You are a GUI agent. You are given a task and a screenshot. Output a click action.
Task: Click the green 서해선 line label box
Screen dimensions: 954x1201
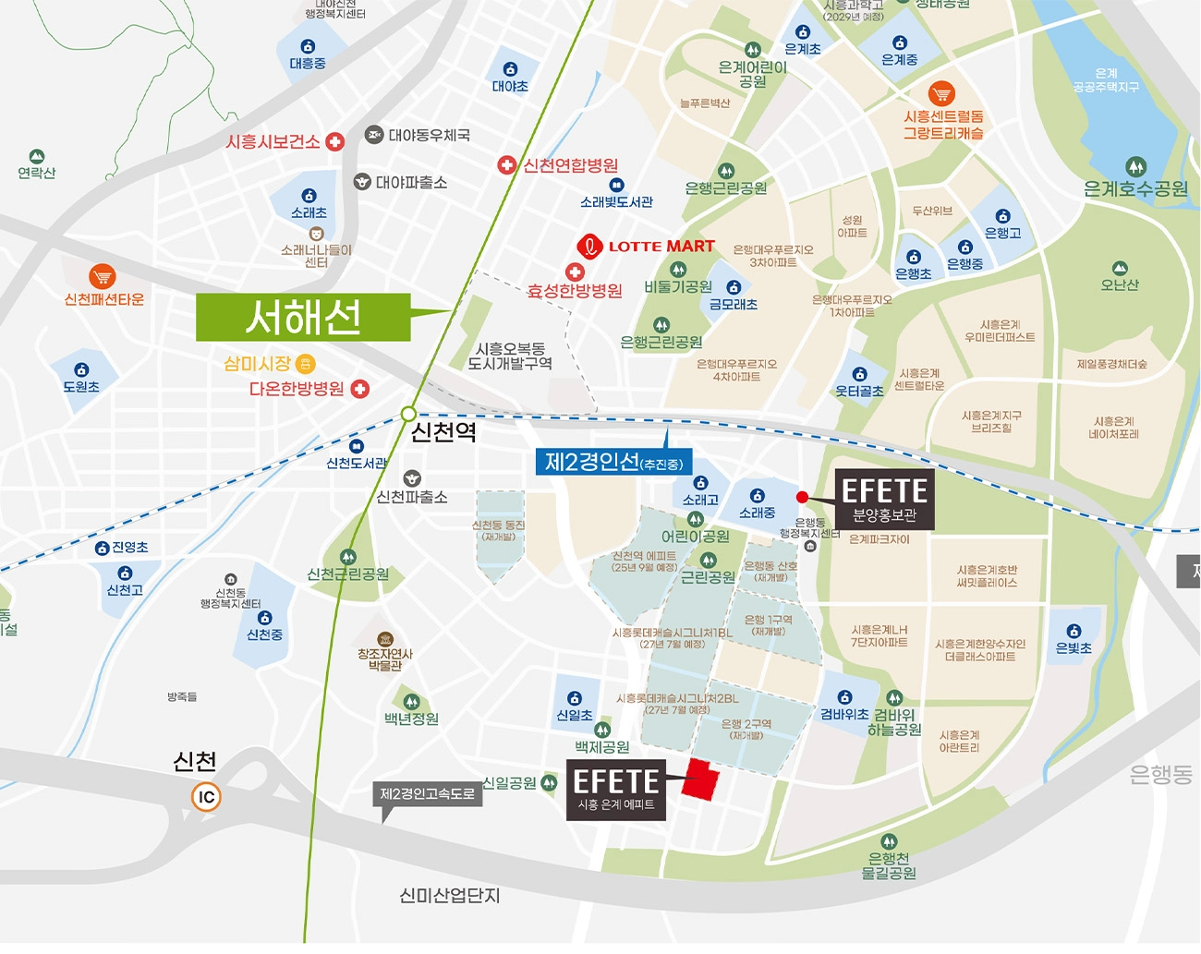[x=303, y=318]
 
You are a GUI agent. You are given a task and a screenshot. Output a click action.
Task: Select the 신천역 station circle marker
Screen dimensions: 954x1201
[x=408, y=414]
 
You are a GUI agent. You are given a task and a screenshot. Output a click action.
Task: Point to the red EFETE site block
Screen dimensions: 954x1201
[x=701, y=781]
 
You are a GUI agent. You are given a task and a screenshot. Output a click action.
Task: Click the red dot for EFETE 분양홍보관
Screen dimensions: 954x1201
[x=802, y=497]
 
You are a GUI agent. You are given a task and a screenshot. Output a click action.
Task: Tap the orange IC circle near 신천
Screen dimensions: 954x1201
[x=206, y=796]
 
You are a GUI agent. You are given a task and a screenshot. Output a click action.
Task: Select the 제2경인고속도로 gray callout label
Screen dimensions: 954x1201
[x=427, y=794]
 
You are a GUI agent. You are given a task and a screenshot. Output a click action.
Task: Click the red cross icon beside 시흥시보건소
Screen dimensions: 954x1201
[x=335, y=141]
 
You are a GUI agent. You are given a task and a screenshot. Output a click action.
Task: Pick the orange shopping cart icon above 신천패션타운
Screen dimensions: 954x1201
[x=103, y=276]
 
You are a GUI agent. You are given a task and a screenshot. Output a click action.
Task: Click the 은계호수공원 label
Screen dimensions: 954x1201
[x=1135, y=189]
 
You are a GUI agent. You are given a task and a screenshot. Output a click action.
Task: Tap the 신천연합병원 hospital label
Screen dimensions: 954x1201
[x=570, y=165]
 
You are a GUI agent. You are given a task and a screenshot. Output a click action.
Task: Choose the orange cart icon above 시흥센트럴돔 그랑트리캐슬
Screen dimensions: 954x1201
[x=941, y=93]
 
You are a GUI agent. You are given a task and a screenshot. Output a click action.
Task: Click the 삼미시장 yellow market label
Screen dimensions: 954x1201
[x=258, y=364]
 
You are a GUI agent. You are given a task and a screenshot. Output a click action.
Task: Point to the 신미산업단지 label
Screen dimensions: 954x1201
[x=449, y=896]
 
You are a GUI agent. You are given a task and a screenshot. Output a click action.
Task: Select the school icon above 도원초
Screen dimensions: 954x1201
[x=81, y=369]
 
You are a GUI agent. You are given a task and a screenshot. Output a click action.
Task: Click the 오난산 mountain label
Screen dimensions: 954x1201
[x=1120, y=285]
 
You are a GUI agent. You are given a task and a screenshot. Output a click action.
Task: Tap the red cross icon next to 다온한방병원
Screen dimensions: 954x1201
[x=359, y=389]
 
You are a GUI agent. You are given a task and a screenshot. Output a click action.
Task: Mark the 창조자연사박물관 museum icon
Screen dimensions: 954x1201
[x=385, y=638]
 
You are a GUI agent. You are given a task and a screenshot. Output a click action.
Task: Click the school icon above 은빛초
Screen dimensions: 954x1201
[x=1074, y=631]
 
